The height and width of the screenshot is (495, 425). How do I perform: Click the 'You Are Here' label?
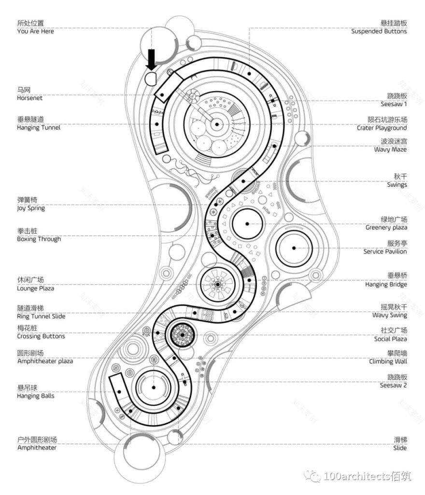click(x=35, y=31)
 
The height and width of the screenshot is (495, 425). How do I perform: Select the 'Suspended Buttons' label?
click(x=379, y=31)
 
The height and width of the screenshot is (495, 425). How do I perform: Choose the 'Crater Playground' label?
click(x=382, y=128)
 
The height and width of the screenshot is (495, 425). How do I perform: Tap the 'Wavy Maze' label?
click(x=390, y=150)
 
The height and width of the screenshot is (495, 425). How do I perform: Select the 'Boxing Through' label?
click(x=39, y=239)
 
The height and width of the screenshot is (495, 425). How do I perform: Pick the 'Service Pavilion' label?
click(x=385, y=251)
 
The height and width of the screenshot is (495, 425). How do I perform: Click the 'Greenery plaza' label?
click(x=386, y=228)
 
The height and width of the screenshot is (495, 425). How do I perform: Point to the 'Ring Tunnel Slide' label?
click(x=41, y=316)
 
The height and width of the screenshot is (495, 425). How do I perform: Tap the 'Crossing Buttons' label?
click(x=41, y=336)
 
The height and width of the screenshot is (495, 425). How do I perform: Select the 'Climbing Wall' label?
click(x=388, y=361)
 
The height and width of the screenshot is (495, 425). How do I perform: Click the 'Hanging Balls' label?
click(x=36, y=396)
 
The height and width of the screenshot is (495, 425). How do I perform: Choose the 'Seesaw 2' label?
click(x=393, y=385)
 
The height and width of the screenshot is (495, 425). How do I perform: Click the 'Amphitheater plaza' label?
click(x=45, y=361)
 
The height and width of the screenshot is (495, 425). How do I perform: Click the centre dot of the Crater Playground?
click(x=217, y=124)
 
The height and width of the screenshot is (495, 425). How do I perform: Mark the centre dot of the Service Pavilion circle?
click(x=294, y=247)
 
